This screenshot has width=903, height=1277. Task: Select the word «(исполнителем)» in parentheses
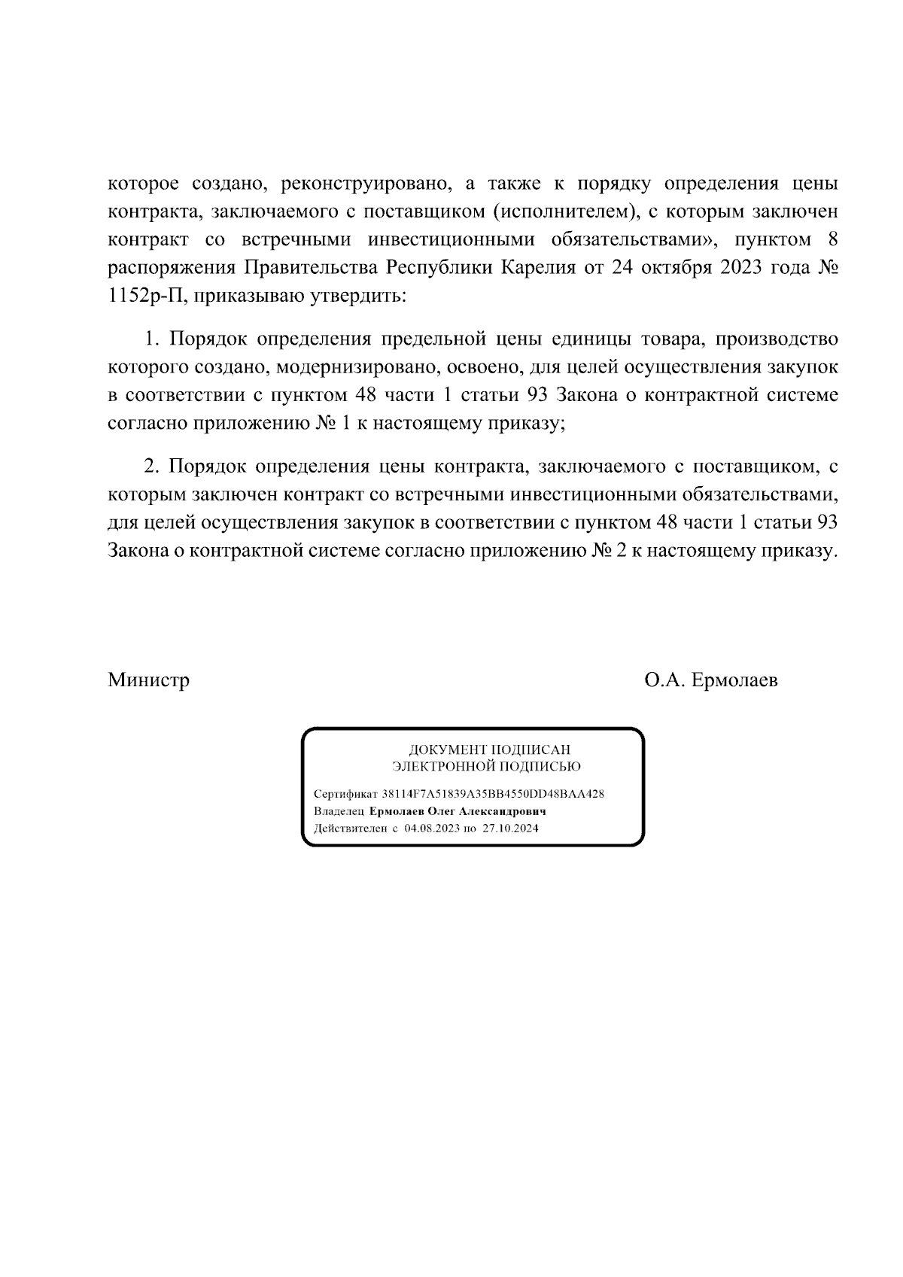point(562,212)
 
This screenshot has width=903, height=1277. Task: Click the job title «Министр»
point(148,680)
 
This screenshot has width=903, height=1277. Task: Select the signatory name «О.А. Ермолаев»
point(711,680)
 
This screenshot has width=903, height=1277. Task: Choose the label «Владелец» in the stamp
point(339,812)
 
